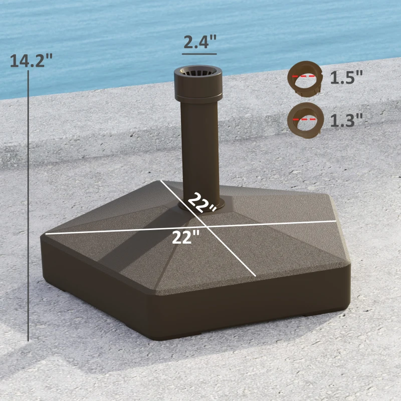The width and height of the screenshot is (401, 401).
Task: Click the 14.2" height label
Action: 31,61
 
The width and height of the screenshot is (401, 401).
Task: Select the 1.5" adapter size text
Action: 346,77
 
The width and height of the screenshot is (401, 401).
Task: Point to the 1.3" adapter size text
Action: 346,120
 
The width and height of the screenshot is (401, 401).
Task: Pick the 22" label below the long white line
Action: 186,237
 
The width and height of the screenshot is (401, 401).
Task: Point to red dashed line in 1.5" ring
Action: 306,76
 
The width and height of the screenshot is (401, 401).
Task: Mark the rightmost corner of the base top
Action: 335,221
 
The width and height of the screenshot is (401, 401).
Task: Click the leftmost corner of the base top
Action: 46,234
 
